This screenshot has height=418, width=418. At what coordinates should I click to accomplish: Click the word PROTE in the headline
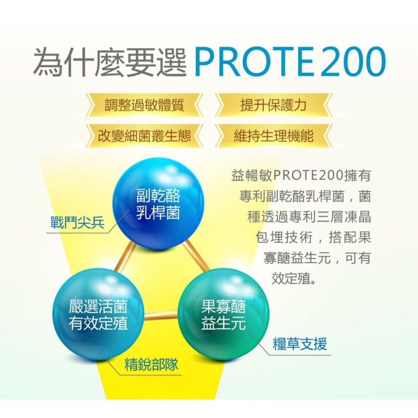point(255,63)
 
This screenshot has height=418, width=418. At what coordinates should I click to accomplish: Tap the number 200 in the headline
point(352,63)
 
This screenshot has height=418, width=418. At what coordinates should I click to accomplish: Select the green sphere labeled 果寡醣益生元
point(223,314)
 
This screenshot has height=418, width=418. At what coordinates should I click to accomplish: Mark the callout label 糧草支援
point(300,344)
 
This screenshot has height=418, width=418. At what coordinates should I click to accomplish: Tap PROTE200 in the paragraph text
point(308,175)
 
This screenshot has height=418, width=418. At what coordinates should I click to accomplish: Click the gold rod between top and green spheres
point(196,255)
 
